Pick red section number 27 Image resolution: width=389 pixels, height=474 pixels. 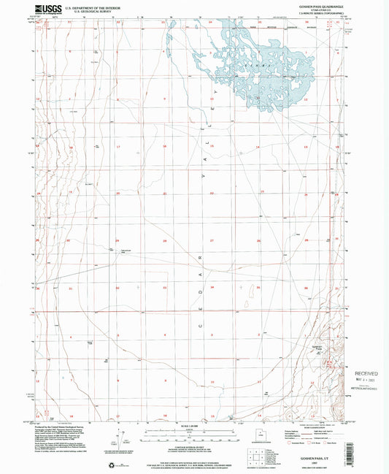coord(212,240)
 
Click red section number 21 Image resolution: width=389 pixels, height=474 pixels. coord(165,194)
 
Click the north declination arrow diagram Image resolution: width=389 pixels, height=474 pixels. coord(115,441)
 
